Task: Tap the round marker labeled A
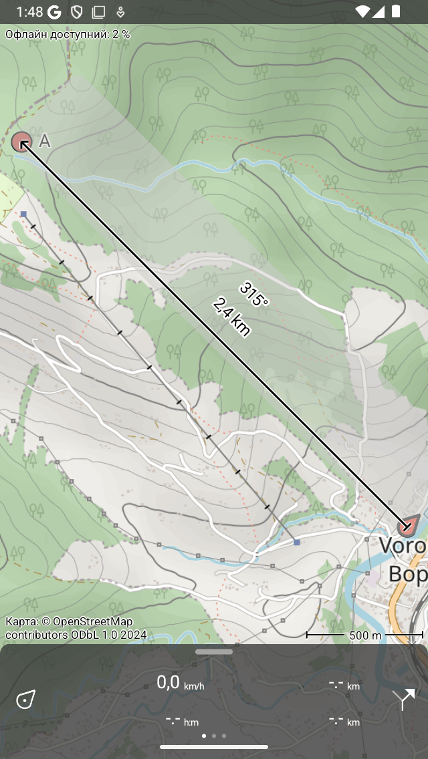[21, 142]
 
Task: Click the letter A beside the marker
[45, 140]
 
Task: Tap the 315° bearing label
[253, 295]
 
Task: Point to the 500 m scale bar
[364, 635]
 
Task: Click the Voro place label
[403, 546]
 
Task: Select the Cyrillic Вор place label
[407, 574]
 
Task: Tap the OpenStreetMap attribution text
[70, 628]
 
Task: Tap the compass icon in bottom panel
[25, 700]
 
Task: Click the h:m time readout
[182, 721]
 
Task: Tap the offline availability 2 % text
[68, 34]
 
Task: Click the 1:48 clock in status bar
[29, 11]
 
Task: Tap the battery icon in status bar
[397, 11]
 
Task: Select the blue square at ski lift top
[23, 214]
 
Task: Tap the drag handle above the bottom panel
[214, 651]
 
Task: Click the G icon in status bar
[55, 11]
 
